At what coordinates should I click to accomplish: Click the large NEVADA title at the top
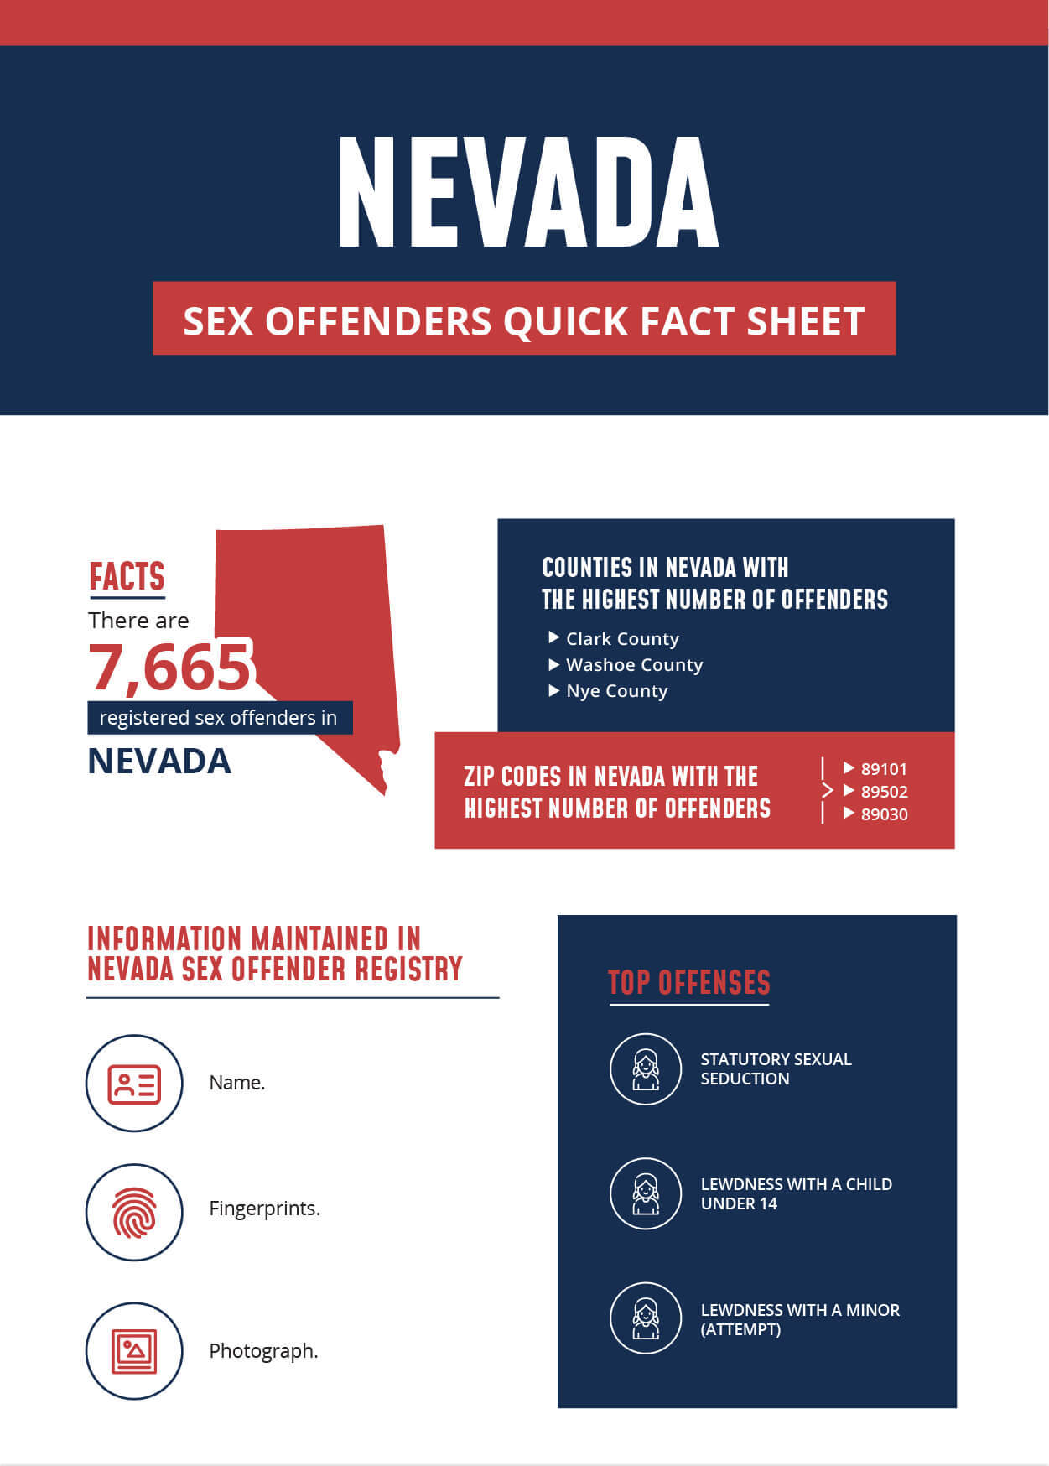[x=528, y=193]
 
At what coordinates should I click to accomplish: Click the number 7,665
[x=170, y=667]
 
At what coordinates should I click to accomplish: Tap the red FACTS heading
[x=127, y=577]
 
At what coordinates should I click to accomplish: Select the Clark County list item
[x=622, y=639]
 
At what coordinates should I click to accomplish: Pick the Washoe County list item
[x=634, y=665]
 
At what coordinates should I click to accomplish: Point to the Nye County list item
[x=616, y=691]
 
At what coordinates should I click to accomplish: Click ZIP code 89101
[x=884, y=769]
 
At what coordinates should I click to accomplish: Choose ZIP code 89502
[x=884, y=792]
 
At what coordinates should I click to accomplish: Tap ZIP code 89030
[x=884, y=814]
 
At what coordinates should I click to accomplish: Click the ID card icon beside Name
[x=134, y=1084]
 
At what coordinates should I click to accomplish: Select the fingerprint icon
[x=134, y=1212]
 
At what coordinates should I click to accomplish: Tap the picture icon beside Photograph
[x=134, y=1350]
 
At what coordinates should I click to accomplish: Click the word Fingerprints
[x=264, y=1209]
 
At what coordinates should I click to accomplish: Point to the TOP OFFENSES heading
[x=688, y=983]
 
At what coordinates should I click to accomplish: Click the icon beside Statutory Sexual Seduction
[x=646, y=1069]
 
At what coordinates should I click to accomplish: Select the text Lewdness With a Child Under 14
[x=796, y=1193]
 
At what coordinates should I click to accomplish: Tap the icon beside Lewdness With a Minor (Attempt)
[x=646, y=1318]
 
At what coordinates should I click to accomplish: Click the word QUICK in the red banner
[x=565, y=321]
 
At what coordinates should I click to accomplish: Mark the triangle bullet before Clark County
[x=553, y=638]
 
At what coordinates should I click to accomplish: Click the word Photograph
[x=263, y=1351]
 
